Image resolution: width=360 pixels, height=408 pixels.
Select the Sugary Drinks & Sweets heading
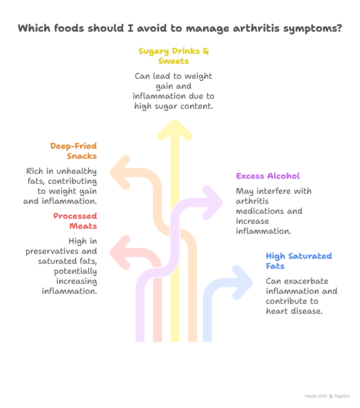pos(174,56)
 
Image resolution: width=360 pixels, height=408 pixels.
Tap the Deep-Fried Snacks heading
pos(74,151)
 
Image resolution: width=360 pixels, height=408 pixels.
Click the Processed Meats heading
pos(75,221)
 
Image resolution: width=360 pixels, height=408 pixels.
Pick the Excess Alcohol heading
pos(268,176)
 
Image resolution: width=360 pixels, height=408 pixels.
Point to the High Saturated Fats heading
pos(299,261)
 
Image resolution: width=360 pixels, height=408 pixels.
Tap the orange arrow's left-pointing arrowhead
pos(119,173)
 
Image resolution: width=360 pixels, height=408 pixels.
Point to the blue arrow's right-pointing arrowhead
pos(245,283)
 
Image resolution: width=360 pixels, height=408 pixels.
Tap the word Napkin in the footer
pos(342,396)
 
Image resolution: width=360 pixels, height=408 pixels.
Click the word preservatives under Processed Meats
pos(61,251)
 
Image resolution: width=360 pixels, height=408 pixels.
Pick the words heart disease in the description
pos(294,311)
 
